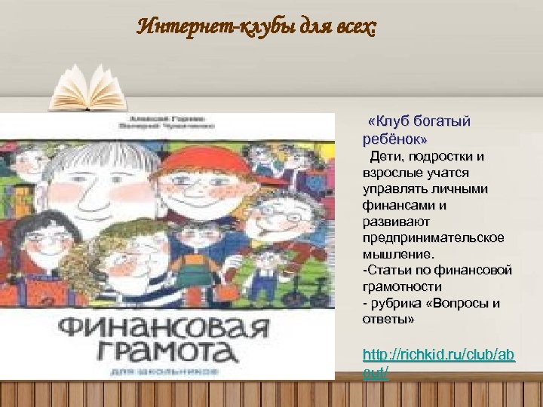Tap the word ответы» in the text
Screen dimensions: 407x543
click(388, 320)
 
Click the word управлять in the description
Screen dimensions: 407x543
click(394, 189)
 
